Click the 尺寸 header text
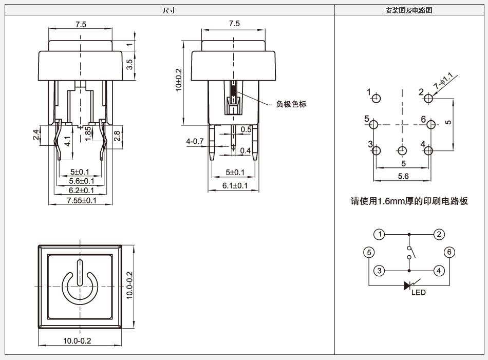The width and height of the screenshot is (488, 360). [x=170, y=10]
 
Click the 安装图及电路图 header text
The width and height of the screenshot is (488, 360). [x=409, y=10]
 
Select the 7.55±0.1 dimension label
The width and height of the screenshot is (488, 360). [x=82, y=200]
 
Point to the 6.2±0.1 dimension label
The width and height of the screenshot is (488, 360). [x=81, y=191]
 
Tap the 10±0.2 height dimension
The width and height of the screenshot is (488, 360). [x=179, y=80]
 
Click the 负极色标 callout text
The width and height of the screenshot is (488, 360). [x=291, y=104]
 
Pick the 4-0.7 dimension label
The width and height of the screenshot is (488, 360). [x=195, y=142]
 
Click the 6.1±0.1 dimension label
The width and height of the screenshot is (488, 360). [x=235, y=186]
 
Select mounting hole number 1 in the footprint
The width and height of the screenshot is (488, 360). [x=376, y=98]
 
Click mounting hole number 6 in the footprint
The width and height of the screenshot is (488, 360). [x=431, y=125]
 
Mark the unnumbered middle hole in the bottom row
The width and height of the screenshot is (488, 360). [x=402, y=151]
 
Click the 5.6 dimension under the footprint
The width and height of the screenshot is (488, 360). [x=403, y=177]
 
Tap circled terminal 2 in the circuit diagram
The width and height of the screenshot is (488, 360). [x=439, y=234]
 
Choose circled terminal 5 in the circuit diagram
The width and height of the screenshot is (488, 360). [x=369, y=252]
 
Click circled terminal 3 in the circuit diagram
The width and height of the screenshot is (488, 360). [x=379, y=271]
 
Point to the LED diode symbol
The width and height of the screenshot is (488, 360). [x=408, y=286]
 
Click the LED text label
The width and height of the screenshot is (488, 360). [x=418, y=293]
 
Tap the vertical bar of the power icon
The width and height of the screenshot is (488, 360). [x=80, y=272]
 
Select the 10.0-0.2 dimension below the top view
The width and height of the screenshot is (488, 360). [x=77, y=341]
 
